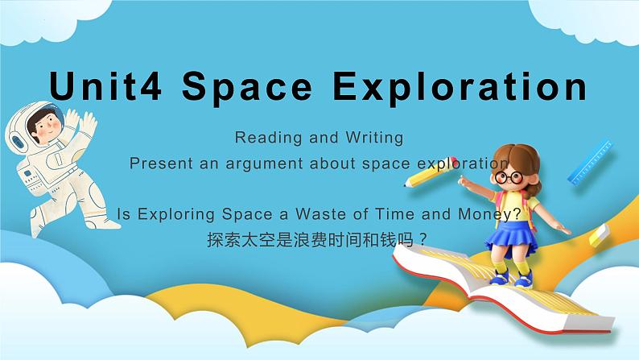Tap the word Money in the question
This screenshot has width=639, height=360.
(x=490, y=215)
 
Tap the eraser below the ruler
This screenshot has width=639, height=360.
(x=600, y=234)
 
